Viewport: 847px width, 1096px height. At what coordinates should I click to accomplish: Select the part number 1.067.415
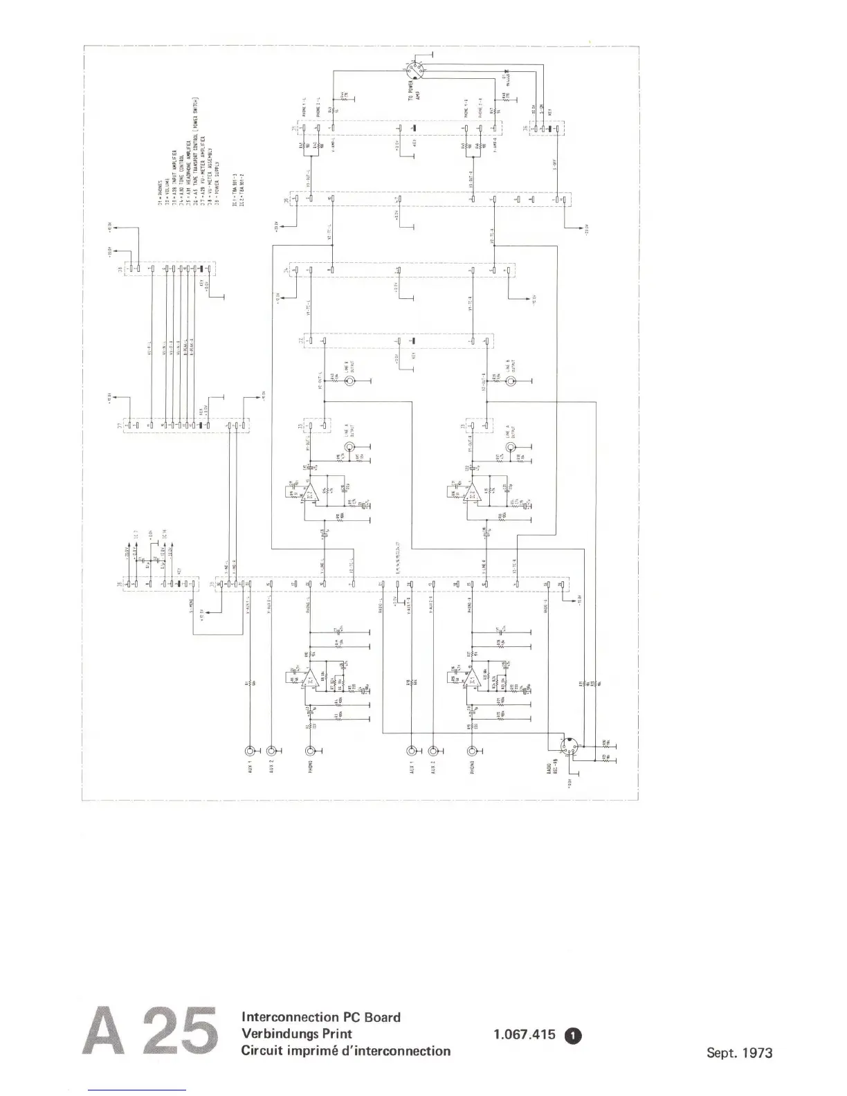tap(525, 1035)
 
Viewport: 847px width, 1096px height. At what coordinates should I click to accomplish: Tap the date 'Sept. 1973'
tap(739, 1053)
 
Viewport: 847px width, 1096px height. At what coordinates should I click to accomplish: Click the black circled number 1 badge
tap(574, 1035)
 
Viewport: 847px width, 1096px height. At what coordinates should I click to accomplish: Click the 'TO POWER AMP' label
tap(413, 90)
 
